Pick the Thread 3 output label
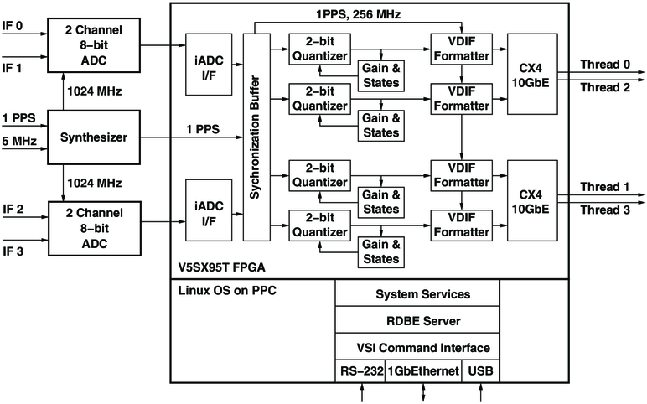603,210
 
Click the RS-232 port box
360,370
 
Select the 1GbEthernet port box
423,370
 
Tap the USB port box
481,370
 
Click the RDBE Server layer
417,320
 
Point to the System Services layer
417,294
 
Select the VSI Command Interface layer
417,347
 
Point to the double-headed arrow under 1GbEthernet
423,391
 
